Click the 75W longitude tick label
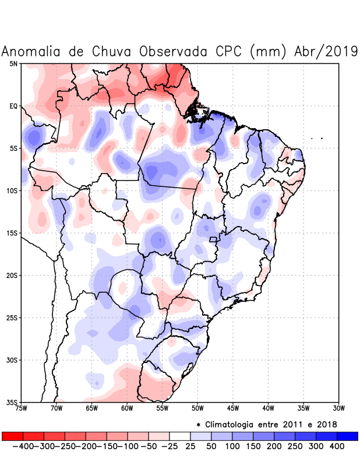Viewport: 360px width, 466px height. pyautogui.click(x=22, y=408)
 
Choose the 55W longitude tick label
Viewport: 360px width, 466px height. pyautogui.click(x=163, y=408)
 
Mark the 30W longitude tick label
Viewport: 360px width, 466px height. pyautogui.click(x=339, y=408)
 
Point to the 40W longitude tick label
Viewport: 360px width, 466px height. pyautogui.click(x=269, y=408)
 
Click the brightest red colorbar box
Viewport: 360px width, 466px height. pyautogui.click(x=13, y=436)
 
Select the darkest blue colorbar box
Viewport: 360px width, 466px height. pyautogui.click(x=347, y=436)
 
